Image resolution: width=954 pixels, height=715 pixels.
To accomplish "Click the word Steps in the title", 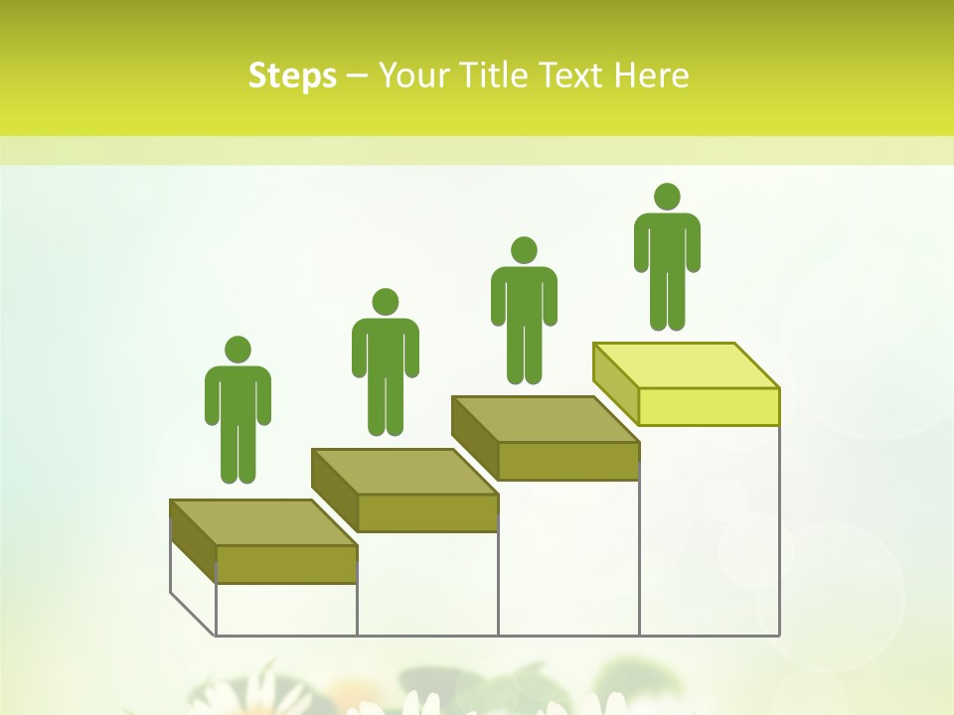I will [292, 75].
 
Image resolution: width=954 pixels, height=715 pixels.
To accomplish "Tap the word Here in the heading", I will [651, 75].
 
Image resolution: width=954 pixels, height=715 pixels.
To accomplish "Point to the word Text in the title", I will [573, 75].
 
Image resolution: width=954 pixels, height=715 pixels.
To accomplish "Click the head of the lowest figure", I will [238, 350].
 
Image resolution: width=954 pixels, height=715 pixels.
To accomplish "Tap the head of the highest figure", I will [667, 197].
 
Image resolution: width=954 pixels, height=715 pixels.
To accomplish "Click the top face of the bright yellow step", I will [686, 365].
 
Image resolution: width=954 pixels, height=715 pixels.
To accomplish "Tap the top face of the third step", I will [545, 419].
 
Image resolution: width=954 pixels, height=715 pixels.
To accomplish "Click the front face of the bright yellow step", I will [709, 406].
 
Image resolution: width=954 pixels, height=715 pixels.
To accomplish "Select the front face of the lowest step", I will [286, 564].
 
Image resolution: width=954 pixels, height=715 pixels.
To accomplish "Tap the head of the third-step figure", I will [524, 250].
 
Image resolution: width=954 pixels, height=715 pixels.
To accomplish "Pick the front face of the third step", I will [567, 461].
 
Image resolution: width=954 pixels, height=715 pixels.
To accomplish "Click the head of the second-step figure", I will [385, 302].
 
